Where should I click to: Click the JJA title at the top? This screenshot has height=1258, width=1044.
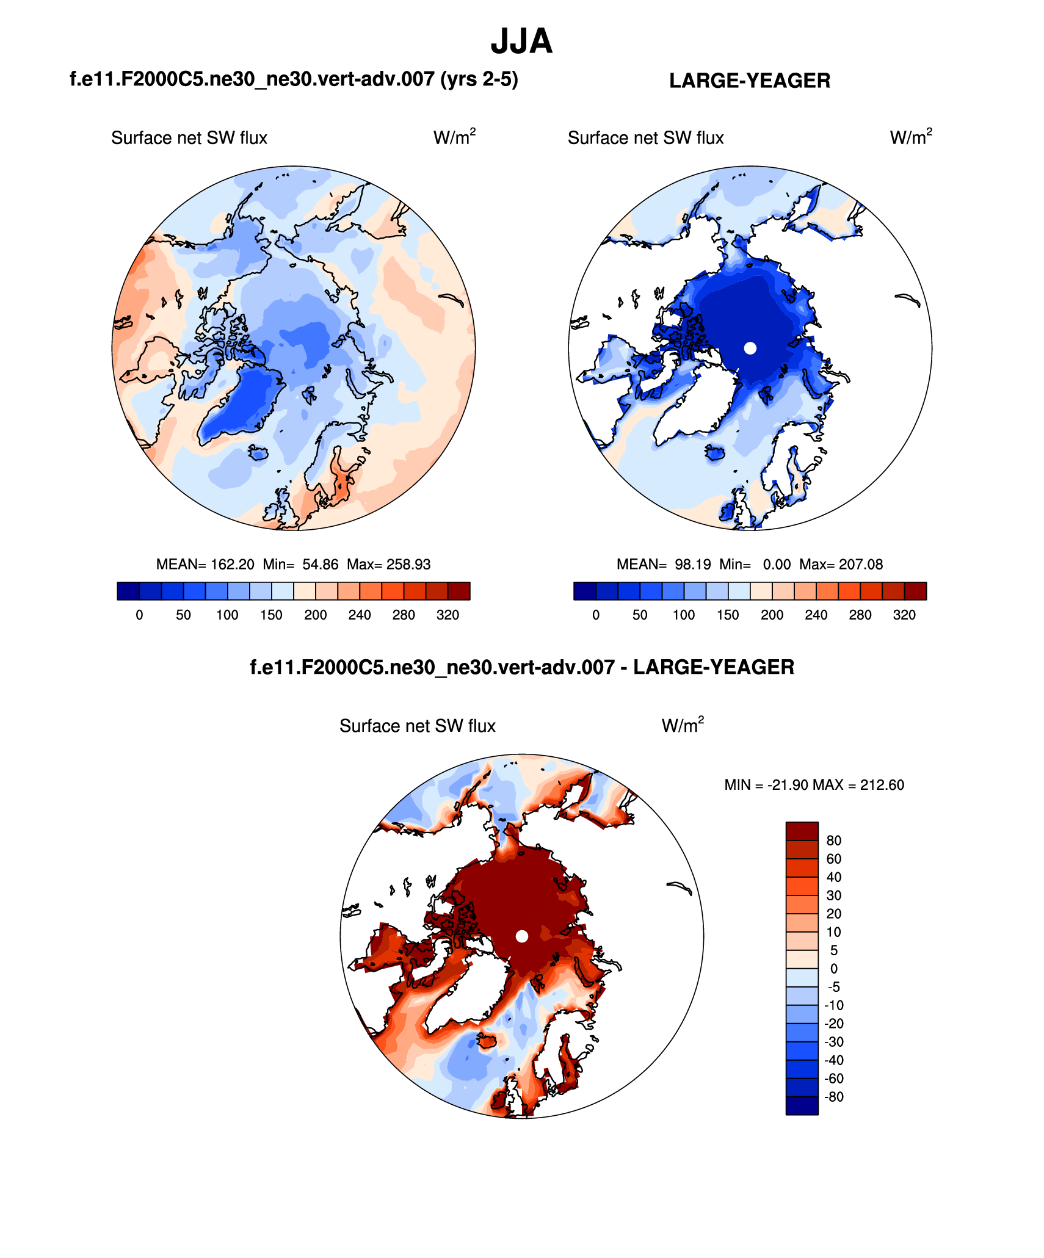521,42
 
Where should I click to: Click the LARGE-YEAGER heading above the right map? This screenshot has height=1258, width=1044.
749,81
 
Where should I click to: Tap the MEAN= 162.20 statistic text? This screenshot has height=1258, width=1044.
205,564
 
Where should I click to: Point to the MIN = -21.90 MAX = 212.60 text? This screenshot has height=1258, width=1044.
814,784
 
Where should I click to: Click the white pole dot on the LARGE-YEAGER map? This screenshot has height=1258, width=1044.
750,348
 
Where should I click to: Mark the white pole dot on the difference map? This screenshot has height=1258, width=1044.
521,936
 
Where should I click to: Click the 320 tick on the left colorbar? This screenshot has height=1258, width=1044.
448,615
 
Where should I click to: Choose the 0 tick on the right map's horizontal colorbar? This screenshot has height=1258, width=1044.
596,615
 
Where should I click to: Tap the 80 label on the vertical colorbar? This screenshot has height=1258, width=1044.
833,840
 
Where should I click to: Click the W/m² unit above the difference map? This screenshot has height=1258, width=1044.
683,725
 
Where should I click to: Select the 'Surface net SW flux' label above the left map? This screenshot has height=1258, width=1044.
189,138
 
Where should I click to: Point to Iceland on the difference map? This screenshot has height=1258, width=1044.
487,1041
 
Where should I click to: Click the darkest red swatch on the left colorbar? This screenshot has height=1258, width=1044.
459,591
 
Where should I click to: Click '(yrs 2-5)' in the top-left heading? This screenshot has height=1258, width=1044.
479,79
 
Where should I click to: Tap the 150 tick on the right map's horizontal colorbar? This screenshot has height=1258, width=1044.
728,615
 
